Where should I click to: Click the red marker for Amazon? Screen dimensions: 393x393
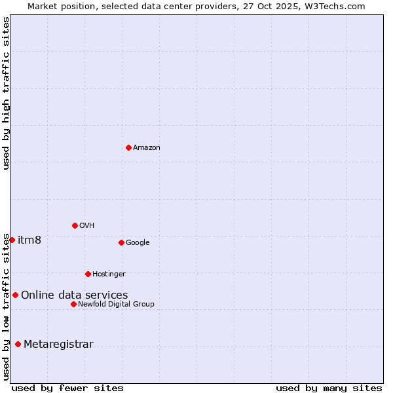click(x=128, y=147)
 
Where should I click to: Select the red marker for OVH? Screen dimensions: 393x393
click(x=75, y=225)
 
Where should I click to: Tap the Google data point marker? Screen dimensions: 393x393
click(x=121, y=242)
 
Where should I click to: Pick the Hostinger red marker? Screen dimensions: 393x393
click(x=88, y=274)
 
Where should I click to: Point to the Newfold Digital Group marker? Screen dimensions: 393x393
click(x=73, y=304)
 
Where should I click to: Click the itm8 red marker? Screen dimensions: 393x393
click(x=12, y=240)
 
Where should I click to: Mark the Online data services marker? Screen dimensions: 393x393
click(x=15, y=295)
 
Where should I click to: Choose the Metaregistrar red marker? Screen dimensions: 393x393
click(x=18, y=344)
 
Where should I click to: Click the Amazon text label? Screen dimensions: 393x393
click(x=147, y=148)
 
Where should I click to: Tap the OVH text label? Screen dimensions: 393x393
click(x=87, y=226)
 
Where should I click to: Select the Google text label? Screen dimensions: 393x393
click(x=138, y=243)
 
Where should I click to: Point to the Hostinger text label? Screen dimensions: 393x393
click(x=109, y=274)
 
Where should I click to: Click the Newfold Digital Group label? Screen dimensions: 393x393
click(x=116, y=305)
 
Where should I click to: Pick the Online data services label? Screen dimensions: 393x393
click(x=75, y=295)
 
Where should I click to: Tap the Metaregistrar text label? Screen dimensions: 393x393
click(x=58, y=345)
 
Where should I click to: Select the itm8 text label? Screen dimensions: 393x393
click(x=29, y=240)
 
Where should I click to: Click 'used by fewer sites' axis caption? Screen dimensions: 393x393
click(x=67, y=388)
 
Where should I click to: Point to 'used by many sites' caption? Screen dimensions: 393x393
click(x=329, y=388)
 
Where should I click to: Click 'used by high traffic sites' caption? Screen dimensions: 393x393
click(x=6, y=93)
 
